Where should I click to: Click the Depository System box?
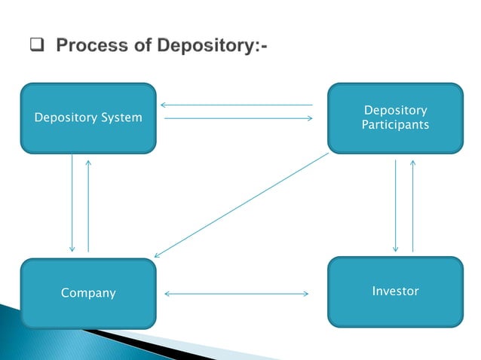coord(88,118)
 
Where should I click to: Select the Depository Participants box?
coord(395,117)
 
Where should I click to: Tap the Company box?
coord(88,293)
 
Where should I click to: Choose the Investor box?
coord(395,291)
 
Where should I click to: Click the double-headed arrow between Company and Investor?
coord(236,293)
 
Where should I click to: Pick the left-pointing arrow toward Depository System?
coord(236,105)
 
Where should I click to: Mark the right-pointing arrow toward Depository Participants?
coord(236,118)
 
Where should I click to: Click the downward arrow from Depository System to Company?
coord(72,203)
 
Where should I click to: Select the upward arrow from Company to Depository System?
coord(88,203)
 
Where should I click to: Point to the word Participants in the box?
coord(395,124)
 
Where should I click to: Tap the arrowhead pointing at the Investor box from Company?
coord(306,293)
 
